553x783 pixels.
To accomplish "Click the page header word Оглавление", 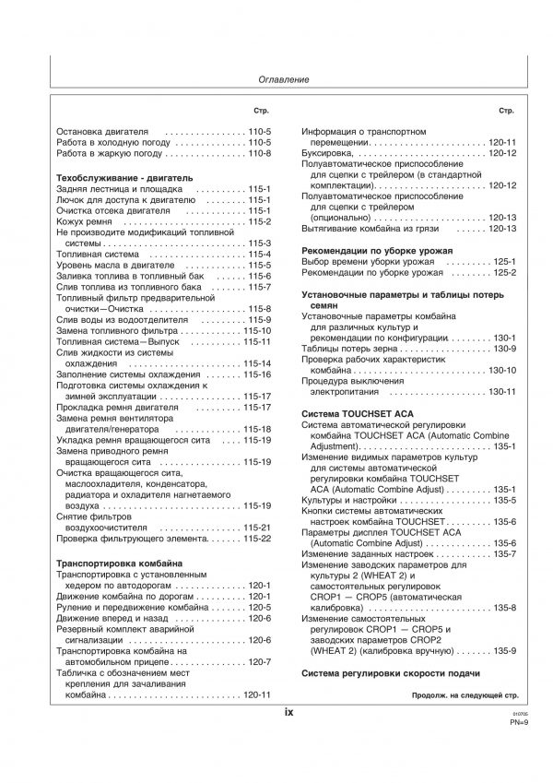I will pos(277,80).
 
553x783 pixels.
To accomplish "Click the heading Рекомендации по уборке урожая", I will pos(378,250).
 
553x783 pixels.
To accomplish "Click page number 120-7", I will pos(258,662).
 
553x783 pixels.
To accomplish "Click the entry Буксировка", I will pos(330,153).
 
